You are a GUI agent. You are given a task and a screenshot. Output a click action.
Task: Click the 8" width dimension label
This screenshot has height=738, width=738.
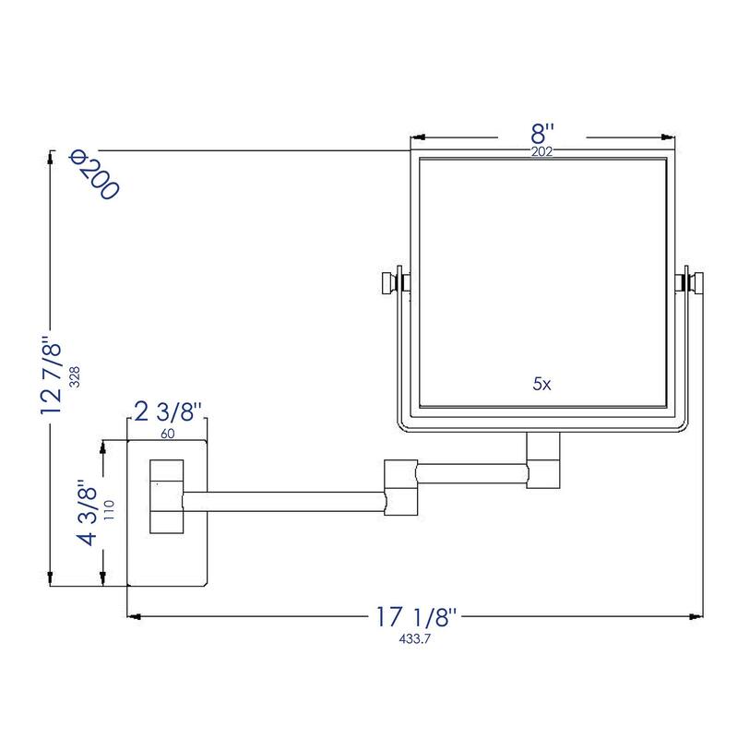tap(542, 135)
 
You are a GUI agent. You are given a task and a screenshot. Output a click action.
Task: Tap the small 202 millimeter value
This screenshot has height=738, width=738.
tap(542, 152)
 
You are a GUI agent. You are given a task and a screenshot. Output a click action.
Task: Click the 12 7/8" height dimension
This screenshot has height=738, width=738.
tap(55, 375)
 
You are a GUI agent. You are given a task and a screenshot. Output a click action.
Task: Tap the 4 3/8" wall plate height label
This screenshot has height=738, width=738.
tap(89, 512)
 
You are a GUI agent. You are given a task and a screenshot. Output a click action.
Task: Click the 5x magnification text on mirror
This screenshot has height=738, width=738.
tap(542, 384)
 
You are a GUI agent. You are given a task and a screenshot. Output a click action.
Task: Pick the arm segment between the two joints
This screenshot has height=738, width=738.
tap(471, 475)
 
